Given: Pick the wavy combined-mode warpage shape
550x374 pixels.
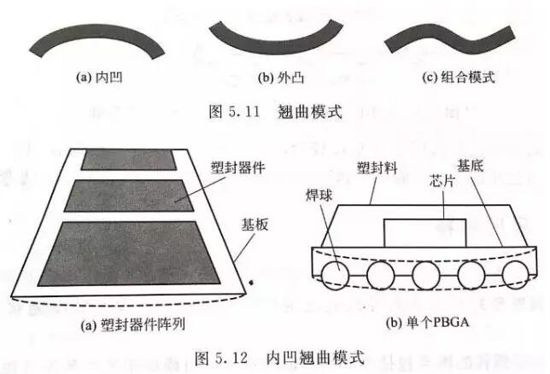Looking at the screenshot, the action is [450, 38].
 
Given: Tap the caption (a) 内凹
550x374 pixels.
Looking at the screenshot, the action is [99, 77].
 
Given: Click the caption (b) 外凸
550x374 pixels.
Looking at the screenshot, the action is [281, 78].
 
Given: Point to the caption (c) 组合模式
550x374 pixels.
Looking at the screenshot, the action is [458, 77].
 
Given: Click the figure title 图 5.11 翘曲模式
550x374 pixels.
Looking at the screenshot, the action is [275, 112].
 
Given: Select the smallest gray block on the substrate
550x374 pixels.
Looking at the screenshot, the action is [129, 160].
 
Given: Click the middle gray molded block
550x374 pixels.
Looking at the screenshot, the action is [129, 196].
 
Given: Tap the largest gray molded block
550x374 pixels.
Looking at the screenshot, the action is [129, 254].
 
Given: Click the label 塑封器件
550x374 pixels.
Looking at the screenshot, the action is [237, 168].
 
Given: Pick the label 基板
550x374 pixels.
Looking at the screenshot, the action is [255, 225].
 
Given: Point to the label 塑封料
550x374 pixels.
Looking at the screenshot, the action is [377, 168].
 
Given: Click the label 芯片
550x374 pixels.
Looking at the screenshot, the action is [442, 181].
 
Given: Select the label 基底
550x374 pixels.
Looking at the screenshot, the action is [471, 166].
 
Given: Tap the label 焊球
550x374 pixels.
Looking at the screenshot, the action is [319, 195].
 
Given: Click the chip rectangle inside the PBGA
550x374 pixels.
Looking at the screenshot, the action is [425, 233].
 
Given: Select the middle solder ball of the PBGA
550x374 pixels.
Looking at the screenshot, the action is [426, 275].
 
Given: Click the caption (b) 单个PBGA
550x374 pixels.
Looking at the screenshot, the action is [427, 322].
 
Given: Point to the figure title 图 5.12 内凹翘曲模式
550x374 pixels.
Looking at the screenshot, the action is [279, 358].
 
